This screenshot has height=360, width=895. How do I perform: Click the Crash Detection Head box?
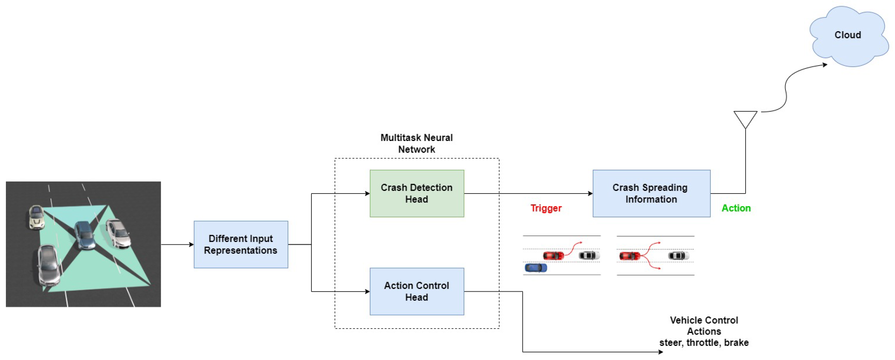tap(417, 194)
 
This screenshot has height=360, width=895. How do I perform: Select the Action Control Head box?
tap(417, 291)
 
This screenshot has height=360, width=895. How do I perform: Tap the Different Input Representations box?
tap(241, 244)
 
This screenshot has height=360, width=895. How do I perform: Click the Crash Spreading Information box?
tap(651, 194)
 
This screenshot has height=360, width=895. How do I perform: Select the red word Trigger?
tap(546, 208)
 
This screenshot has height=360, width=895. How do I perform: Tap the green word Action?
tap(736, 208)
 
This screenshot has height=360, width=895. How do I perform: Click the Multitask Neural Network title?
tap(417, 143)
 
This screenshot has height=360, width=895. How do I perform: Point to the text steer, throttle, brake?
tap(704, 343)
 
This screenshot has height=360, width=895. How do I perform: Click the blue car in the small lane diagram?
tap(535, 268)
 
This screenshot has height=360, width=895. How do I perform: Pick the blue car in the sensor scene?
tap(84, 235)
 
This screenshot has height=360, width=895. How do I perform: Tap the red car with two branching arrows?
tap(629, 256)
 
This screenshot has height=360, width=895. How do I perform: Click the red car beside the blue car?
tap(553, 256)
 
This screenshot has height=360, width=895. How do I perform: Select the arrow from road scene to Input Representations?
tap(177, 245)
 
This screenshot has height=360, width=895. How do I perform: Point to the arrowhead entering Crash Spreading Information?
tap(590, 194)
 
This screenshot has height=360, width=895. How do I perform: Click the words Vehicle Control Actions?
tap(704, 326)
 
